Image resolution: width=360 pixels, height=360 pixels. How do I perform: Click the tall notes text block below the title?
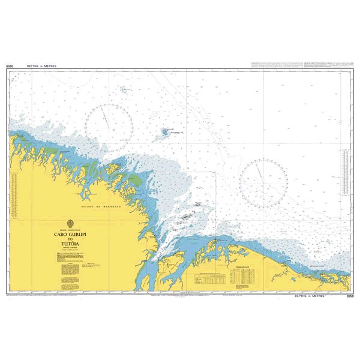(67, 267)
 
